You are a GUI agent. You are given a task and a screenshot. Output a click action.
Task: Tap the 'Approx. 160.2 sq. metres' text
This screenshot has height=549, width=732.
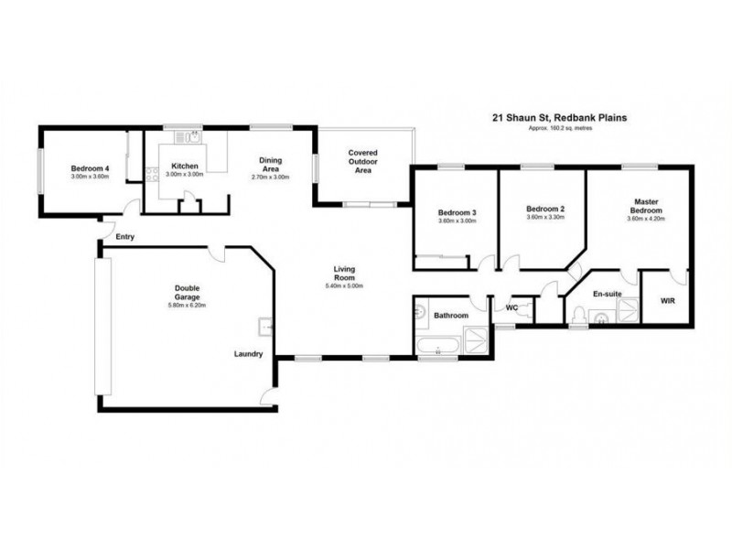(567, 128)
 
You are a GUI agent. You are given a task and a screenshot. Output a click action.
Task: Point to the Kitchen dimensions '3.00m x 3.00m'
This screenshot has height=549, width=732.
(184, 174)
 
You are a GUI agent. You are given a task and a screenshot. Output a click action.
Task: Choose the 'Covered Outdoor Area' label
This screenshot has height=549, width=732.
(362, 162)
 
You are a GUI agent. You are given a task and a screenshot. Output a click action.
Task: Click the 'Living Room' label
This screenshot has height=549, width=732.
(344, 274)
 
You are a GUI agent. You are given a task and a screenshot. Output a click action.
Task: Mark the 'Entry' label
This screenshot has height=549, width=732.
(124, 237)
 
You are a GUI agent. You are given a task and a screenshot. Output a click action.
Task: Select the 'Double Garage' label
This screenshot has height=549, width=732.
(188, 293)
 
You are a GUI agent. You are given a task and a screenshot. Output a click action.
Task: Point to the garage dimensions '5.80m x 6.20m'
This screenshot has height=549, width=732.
(188, 305)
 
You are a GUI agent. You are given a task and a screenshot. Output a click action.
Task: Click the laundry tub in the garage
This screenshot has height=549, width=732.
(264, 326)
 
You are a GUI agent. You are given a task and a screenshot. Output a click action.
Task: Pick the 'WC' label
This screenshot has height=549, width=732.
(512, 308)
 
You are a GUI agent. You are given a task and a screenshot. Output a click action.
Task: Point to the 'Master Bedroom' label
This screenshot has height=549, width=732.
(647, 206)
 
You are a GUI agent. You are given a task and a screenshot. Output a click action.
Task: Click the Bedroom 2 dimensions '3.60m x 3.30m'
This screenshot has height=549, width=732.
(546, 219)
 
